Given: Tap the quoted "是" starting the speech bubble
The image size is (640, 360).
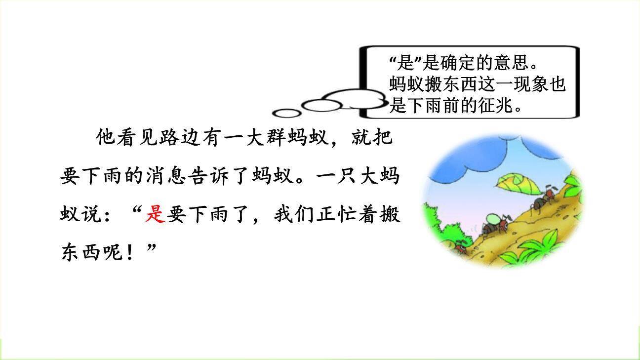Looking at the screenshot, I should [399, 64].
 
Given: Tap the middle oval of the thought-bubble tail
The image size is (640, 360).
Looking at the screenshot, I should [321, 105].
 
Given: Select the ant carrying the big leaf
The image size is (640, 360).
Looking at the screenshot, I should [542, 200].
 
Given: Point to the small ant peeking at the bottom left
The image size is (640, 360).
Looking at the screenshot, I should [460, 246].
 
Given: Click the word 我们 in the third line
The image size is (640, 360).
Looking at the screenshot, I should [297, 215].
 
